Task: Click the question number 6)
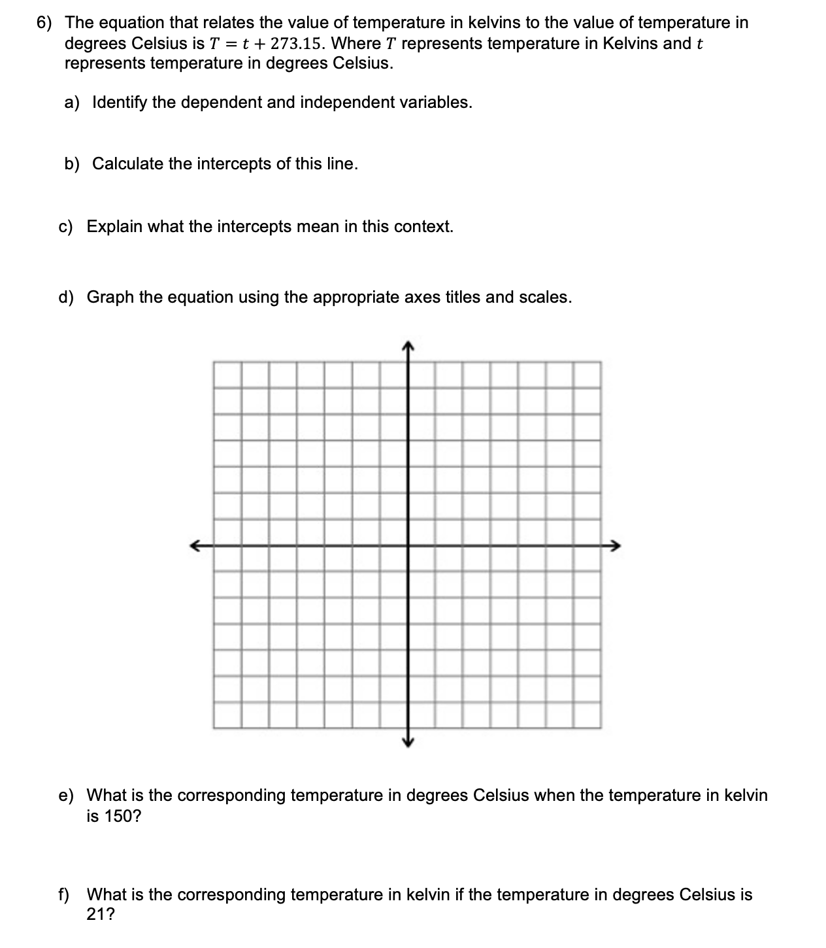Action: coord(46,23)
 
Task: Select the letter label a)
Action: coord(72,103)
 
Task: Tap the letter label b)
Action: coord(72,163)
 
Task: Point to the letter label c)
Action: coord(66,227)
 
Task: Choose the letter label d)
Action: coord(66,297)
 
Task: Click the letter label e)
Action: coord(66,796)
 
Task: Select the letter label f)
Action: coord(65,894)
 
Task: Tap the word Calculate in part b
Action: coord(127,163)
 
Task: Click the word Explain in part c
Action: coord(114,227)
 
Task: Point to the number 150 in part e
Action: coord(118,817)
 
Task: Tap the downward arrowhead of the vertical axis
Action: coord(408,741)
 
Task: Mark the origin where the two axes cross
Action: coord(408,545)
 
